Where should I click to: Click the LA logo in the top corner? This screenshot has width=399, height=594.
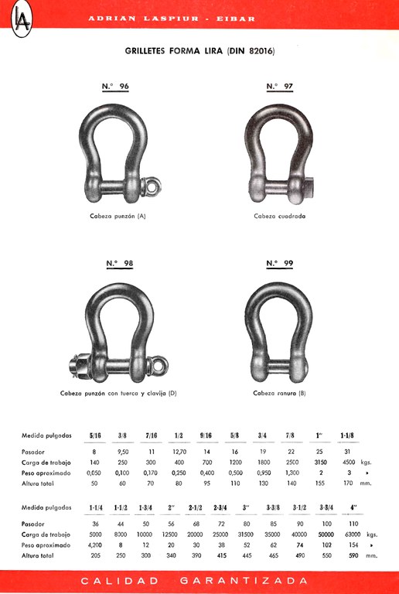click(x=22, y=19)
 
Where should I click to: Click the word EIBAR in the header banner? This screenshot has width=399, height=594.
click(x=236, y=19)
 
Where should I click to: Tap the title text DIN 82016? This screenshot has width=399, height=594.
click(x=251, y=51)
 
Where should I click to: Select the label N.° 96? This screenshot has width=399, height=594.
click(x=115, y=87)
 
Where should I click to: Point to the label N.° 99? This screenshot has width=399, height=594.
click(x=280, y=263)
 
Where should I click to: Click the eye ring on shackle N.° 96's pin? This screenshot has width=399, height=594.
click(x=152, y=186)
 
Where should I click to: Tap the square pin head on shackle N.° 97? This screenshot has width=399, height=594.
click(x=309, y=188)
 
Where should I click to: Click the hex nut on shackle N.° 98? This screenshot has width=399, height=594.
click(x=80, y=367)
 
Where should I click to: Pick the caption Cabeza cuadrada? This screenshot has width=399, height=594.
click(x=280, y=217)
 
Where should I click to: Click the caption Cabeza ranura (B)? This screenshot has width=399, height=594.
click(x=279, y=393)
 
